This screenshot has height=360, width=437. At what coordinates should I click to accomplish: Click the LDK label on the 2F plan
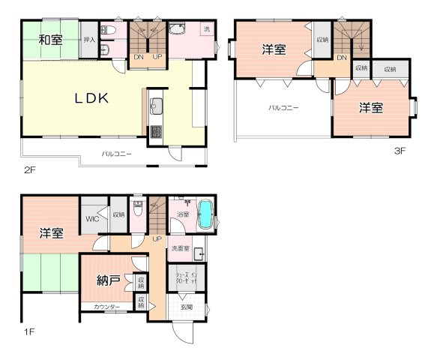(x=92, y=98)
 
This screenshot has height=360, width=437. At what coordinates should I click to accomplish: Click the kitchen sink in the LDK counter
(x=157, y=104)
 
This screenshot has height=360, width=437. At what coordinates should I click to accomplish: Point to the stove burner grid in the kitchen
(x=157, y=133)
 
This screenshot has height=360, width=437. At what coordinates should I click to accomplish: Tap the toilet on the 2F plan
(x=106, y=31)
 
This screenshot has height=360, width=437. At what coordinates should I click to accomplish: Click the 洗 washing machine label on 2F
(x=207, y=30)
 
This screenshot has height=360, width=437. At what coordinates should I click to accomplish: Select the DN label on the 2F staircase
(x=139, y=57)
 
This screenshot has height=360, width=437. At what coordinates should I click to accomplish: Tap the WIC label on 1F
(x=92, y=219)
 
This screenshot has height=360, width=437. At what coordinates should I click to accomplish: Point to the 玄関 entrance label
(x=185, y=307)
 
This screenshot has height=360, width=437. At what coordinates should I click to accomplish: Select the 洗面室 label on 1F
(x=181, y=248)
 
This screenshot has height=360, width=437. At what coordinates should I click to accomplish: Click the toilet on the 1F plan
(x=138, y=209)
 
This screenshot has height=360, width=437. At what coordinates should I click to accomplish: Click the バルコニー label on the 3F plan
(x=284, y=108)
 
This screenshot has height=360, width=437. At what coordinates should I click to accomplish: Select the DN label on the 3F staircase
(x=342, y=58)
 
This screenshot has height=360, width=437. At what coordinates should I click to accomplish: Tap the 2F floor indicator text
(x=29, y=170)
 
